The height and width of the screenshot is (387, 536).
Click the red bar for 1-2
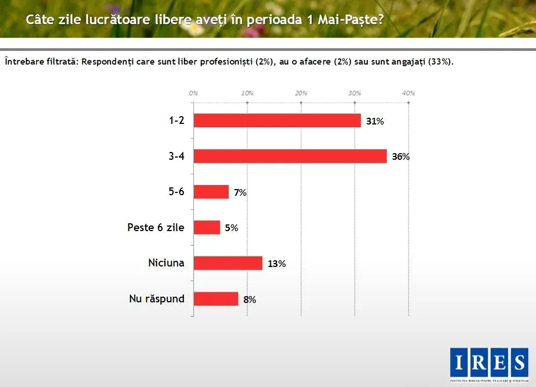point(277,121)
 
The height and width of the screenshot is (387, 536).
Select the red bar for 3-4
point(290,156)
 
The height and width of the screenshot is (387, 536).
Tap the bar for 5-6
point(211,192)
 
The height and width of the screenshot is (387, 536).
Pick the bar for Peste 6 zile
point(207,227)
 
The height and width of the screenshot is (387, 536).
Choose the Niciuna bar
point(228,263)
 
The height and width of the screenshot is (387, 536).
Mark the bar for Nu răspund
point(216,299)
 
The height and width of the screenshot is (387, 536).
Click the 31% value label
point(375,121)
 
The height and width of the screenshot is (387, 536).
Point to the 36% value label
point(401,156)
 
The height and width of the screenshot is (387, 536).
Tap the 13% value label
point(276,264)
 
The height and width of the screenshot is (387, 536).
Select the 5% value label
point(232,228)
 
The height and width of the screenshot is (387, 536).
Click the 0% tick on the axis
point(193,93)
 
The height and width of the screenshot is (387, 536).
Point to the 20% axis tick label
point(301,93)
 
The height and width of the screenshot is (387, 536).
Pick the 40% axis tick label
point(408,93)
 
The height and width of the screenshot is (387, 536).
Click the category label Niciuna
point(166,263)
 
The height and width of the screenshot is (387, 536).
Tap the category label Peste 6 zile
point(156,227)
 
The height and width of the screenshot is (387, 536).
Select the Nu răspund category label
point(157,299)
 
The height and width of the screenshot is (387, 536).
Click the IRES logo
point(488,363)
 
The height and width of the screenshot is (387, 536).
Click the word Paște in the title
point(361,20)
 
